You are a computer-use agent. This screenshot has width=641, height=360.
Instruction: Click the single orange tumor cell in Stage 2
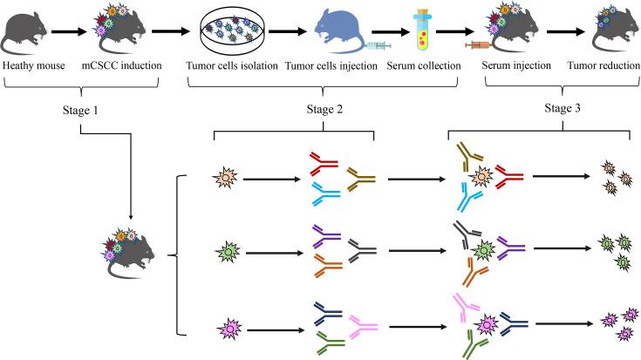pyautogui.click(x=225, y=180)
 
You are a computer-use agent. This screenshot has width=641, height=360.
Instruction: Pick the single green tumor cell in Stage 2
pyautogui.click(x=225, y=254)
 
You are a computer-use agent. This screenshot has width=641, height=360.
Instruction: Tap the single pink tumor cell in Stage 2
pyautogui.click(x=225, y=329)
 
